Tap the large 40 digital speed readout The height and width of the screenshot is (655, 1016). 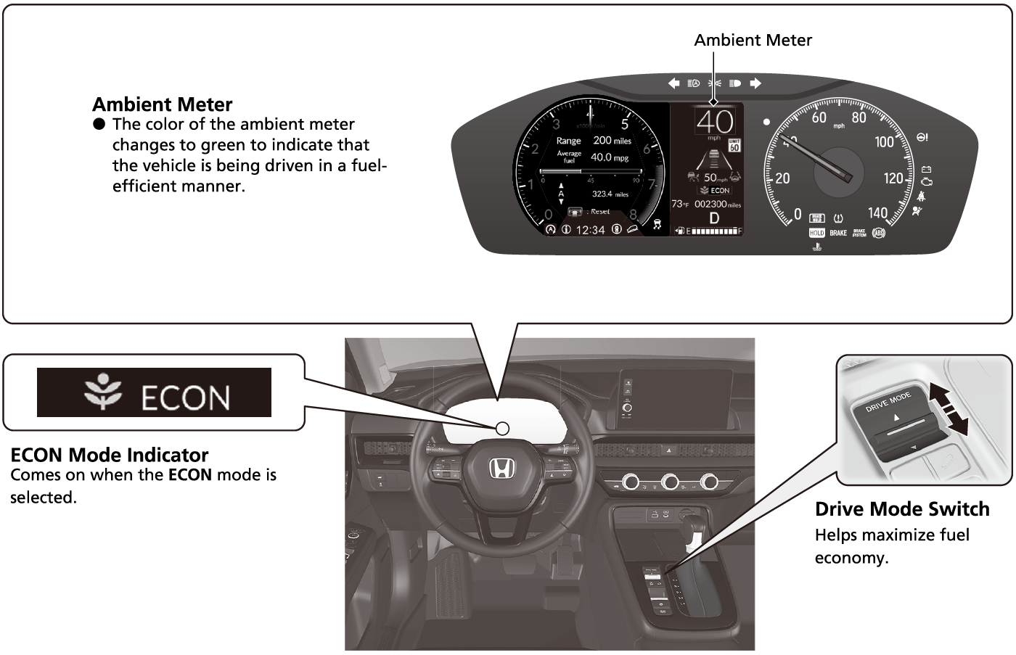(x=715, y=121)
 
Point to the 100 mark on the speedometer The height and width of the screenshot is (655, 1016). (x=884, y=142)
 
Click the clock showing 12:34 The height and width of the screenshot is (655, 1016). (x=590, y=230)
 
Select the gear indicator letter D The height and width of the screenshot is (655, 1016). (x=714, y=218)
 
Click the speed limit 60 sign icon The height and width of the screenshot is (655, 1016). (x=734, y=145)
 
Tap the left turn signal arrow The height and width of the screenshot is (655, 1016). (x=673, y=83)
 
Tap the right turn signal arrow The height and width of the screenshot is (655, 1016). (x=755, y=83)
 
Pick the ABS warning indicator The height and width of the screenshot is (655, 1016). (x=878, y=233)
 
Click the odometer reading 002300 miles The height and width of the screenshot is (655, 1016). (x=717, y=205)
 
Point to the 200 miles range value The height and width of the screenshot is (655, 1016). (x=612, y=141)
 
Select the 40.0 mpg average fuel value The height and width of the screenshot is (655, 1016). (x=609, y=157)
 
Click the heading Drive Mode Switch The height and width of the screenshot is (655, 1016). (x=902, y=509)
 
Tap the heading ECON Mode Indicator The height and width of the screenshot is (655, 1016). (x=110, y=455)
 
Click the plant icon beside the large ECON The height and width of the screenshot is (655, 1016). (x=102, y=392)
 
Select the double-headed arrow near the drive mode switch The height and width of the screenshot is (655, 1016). (x=949, y=411)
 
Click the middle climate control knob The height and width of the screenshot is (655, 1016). (x=669, y=482)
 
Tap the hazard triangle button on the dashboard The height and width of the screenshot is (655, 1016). (x=665, y=450)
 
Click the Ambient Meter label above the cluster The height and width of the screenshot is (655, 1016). (x=753, y=41)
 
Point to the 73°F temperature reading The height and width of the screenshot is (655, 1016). (x=680, y=205)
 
